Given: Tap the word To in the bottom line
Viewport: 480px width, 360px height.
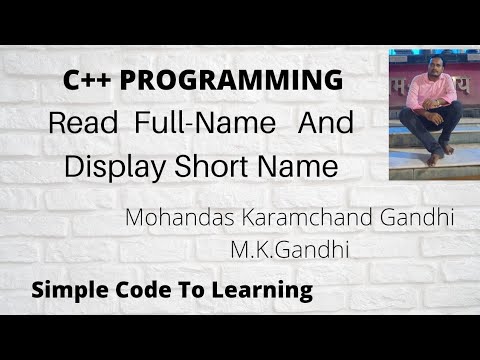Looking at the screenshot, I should pyautogui.click(x=190, y=290).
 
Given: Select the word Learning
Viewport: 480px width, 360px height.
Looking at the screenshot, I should pyautogui.click(x=262, y=291).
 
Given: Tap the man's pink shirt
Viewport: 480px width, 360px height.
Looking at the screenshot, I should pyautogui.click(x=428, y=92).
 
